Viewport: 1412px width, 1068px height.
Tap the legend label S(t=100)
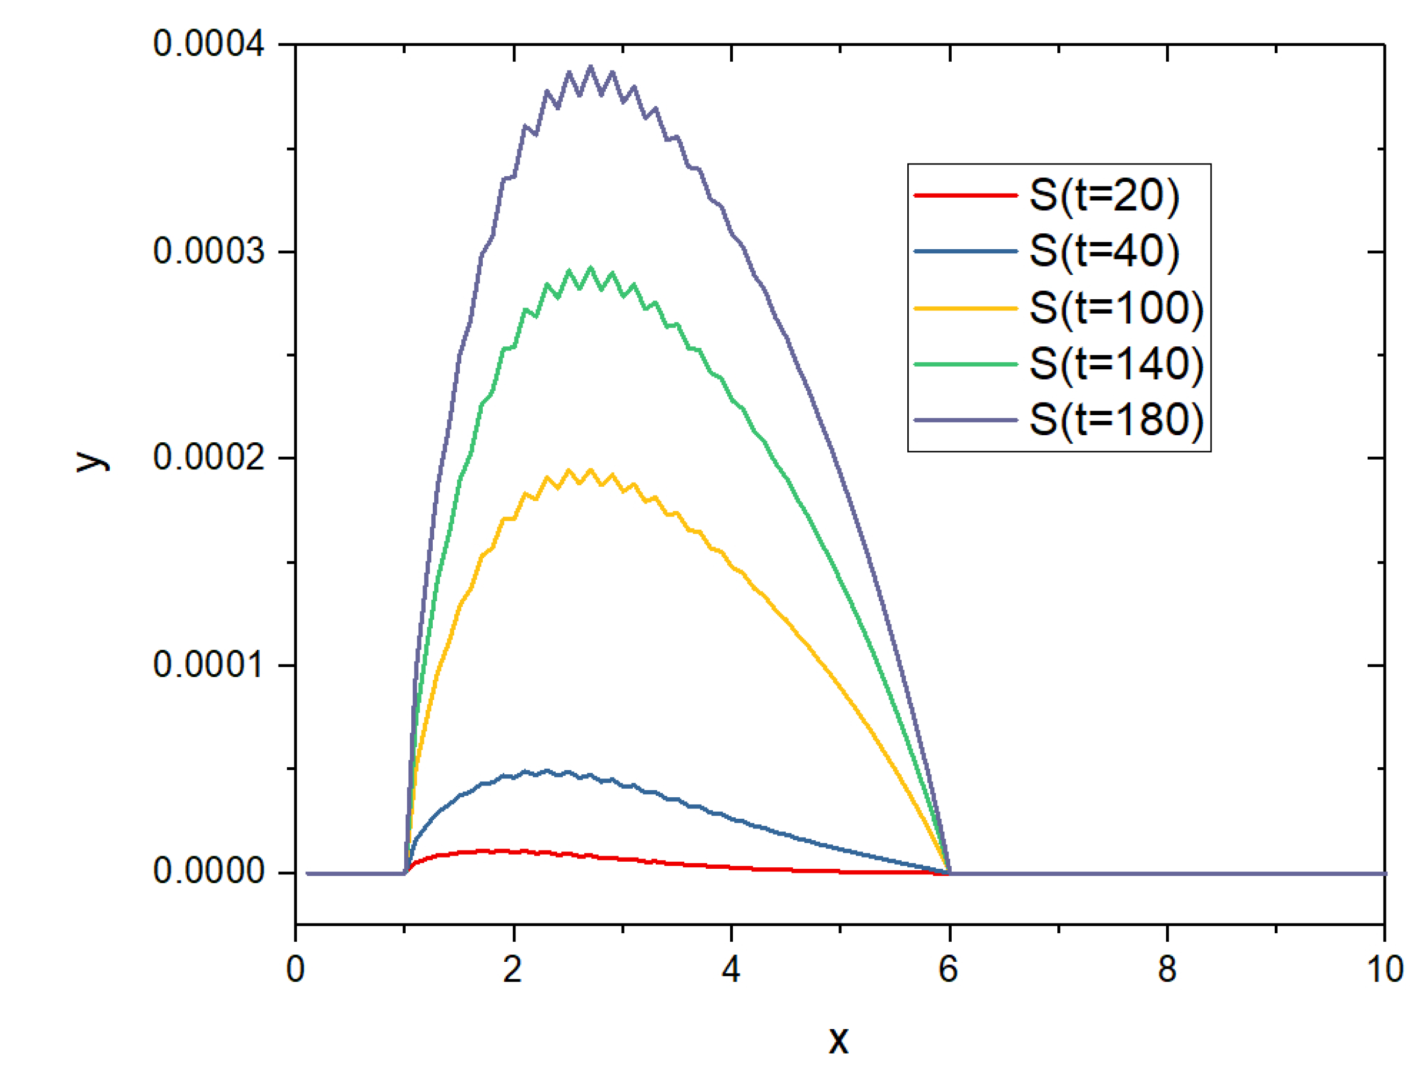(1116, 308)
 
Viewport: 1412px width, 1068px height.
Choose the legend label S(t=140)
(1116, 364)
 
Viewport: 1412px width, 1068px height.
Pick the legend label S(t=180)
(1116, 420)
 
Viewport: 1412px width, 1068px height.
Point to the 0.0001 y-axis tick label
(208, 665)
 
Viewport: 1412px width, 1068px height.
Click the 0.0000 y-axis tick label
(208, 871)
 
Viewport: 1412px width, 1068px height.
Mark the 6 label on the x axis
(949, 969)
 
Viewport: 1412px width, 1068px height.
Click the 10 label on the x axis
(1384, 969)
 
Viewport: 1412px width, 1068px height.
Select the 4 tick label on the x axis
(731, 969)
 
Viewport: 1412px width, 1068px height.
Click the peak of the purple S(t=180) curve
(590, 66)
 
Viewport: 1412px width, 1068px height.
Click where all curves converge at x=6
(950, 872)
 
